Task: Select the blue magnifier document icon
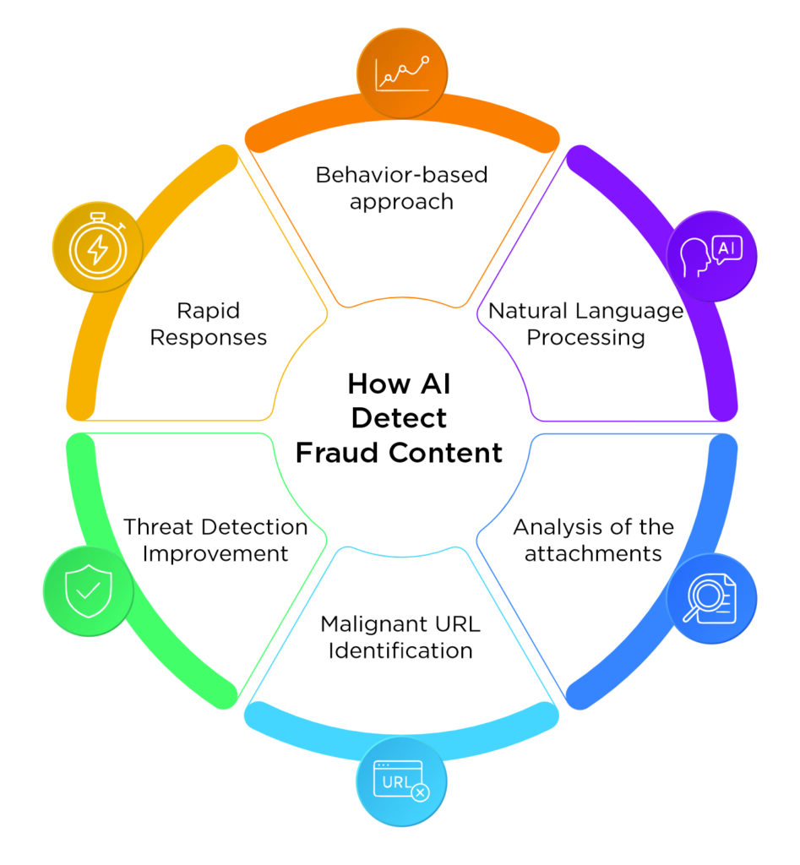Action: pyautogui.click(x=712, y=599)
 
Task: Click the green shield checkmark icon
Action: pyautogui.click(x=88, y=590)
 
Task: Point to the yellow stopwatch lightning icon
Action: pyautogui.click(x=98, y=249)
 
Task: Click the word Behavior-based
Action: pyautogui.click(x=401, y=175)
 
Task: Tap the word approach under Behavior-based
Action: pyautogui.click(x=401, y=202)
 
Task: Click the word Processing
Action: pyautogui.click(x=585, y=338)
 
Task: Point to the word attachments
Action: pyautogui.click(x=593, y=555)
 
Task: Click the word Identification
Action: pyautogui.click(x=400, y=650)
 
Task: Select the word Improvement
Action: pyautogui.click(x=215, y=554)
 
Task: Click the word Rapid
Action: pyautogui.click(x=208, y=310)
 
